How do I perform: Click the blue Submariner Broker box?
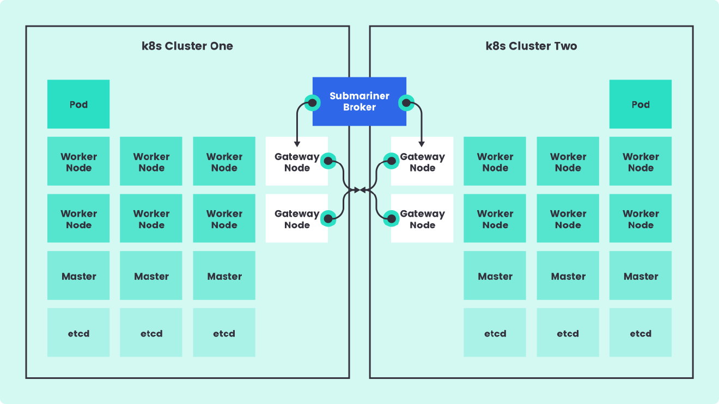pos(359,101)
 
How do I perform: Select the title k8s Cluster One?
pos(187,46)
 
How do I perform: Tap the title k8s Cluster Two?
pos(531,46)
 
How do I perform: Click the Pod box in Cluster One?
pos(78,104)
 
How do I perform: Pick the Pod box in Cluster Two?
pos(640,104)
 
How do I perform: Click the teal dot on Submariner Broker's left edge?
pos(312,102)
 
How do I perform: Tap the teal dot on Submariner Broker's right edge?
pos(406,102)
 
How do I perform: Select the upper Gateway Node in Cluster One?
pos(296,161)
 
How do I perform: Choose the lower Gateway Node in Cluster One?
pos(296,218)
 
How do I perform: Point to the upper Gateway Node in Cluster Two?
pos(422,161)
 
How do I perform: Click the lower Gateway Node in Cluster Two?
pos(422,218)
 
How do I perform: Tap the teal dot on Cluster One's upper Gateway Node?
pos(327,161)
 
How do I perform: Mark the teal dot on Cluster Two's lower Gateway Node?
pos(391,219)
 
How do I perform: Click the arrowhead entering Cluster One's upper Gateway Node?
pos(297,144)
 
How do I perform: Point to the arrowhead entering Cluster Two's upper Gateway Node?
pos(422,144)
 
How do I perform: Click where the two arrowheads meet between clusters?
pos(359,190)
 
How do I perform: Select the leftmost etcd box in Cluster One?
pos(78,333)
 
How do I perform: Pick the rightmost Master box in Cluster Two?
pos(640,276)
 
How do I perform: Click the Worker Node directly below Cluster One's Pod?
pos(78,161)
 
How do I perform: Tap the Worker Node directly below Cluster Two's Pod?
pos(640,161)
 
